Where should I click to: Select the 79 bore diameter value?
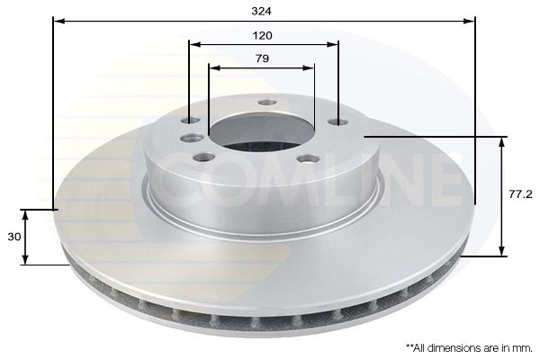pyautogui.click(x=263, y=58)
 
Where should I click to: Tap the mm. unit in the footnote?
pyautogui.click(x=522, y=346)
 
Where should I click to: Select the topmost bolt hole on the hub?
pyautogui.click(x=266, y=102)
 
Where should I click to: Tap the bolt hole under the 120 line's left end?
pyautogui.click(x=188, y=121)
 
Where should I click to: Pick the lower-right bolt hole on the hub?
pyautogui.click(x=308, y=159)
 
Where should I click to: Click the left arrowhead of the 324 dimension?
pyautogui.click(x=58, y=20)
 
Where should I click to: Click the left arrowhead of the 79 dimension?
pyautogui.click(x=212, y=67)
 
